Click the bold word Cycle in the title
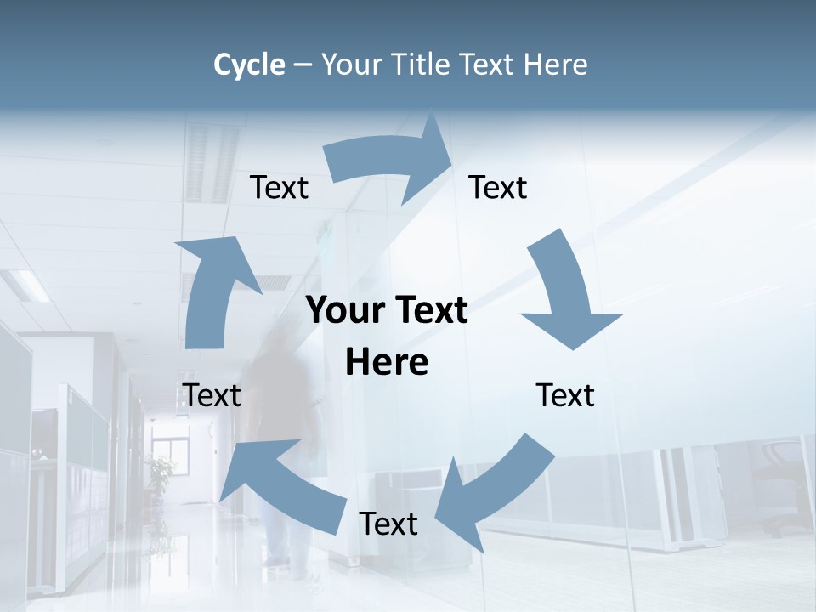tap(249, 65)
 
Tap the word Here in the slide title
tap(556, 65)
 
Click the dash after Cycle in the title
tap(303, 65)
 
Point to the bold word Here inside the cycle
tap(387, 363)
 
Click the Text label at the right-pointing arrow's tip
tap(498, 188)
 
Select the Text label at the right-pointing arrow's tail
tap(279, 188)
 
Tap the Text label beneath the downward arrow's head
tap(565, 396)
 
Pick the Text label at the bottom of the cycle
tap(388, 524)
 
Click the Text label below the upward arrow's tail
tap(212, 396)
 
